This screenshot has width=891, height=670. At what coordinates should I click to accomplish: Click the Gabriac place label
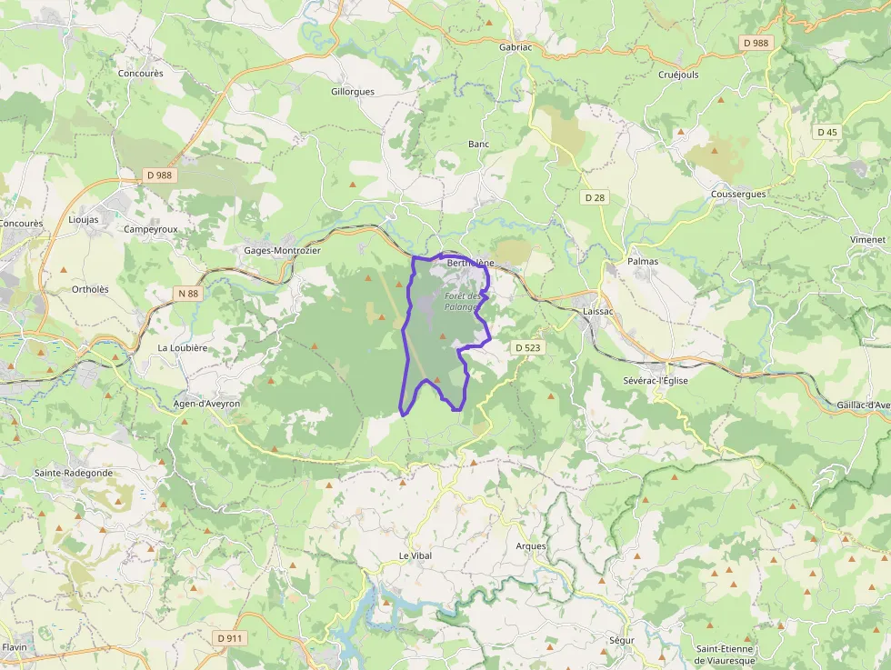click(516, 45)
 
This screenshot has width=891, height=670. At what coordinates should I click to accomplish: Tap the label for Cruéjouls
click(678, 75)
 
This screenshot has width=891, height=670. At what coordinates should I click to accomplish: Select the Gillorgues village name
click(353, 92)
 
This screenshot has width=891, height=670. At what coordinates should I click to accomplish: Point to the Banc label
click(478, 144)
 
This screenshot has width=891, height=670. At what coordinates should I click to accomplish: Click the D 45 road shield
click(826, 132)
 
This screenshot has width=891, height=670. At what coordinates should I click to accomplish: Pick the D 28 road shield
click(595, 196)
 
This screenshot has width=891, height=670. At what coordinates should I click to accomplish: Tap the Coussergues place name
click(738, 194)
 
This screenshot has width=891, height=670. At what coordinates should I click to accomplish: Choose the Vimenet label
click(867, 238)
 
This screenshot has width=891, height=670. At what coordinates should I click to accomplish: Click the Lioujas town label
click(84, 220)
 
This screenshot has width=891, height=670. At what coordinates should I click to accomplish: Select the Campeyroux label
click(151, 229)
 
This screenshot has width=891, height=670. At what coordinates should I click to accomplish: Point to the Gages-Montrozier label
click(282, 250)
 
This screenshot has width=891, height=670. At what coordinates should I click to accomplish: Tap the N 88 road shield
click(188, 293)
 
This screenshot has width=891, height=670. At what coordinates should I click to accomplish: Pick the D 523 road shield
click(527, 347)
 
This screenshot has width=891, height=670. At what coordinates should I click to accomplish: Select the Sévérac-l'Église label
click(656, 380)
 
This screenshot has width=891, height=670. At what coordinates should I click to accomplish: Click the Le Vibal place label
click(415, 555)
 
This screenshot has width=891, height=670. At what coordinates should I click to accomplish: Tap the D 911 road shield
click(231, 638)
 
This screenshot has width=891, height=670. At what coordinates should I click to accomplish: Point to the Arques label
click(531, 546)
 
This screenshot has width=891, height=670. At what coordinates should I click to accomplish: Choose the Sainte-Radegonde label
click(74, 473)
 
